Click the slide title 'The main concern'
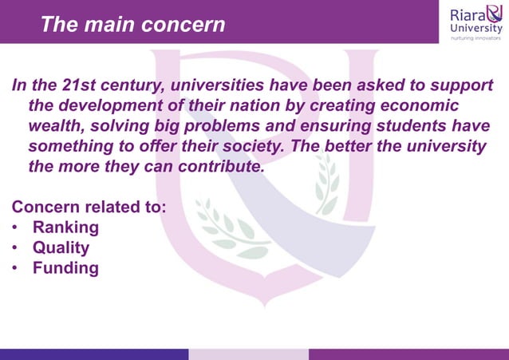132,24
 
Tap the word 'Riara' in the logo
466,15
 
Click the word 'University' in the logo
476,30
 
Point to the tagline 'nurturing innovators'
476,39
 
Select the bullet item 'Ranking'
65,227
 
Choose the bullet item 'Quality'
61,247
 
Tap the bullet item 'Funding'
65,268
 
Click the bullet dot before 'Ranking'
16,228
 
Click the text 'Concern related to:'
89,208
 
